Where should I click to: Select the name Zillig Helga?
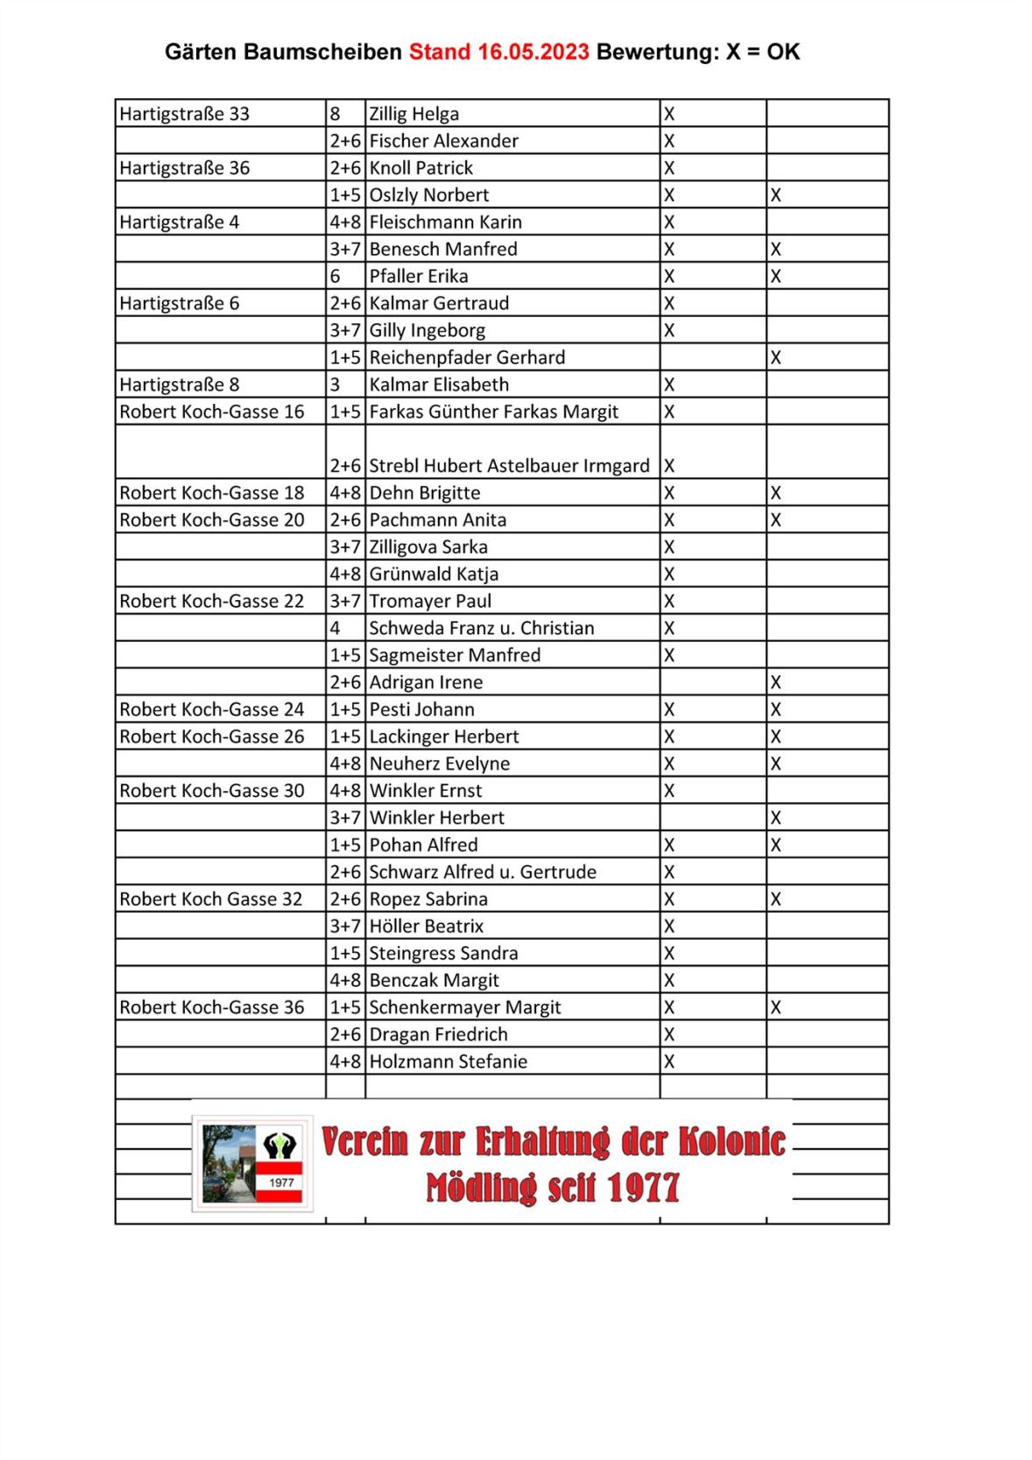click(414, 114)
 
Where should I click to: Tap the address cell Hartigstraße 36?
click(185, 168)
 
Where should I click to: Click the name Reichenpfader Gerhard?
click(467, 357)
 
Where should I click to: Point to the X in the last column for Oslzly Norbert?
click(775, 195)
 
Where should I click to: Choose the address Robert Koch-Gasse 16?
click(212, 412)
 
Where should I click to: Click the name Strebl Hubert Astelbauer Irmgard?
click(509, 466)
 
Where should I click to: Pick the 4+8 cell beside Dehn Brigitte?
click(345, 493)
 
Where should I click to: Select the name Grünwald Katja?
click(434, 575)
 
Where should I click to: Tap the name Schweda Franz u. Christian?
click(481, 628)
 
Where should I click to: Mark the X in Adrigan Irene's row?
click(775, 682)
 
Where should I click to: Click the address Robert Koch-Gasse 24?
click(212, 709)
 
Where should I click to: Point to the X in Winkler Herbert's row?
click(775, 818)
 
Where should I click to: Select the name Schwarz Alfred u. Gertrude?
click(483, 872)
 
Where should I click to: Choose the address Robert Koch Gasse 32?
click(211, 899)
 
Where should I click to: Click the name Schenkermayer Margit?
click(465, 1007)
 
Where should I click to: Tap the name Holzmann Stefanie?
click(448, 1061)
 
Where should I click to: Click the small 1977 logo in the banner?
click(252, 1163)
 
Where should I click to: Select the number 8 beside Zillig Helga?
click(336, 114)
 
